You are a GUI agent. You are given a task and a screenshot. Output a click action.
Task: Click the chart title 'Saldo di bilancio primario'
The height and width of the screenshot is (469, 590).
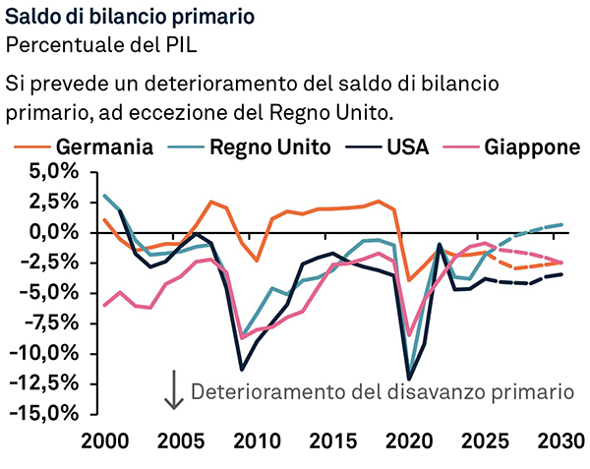[x=130, y=17]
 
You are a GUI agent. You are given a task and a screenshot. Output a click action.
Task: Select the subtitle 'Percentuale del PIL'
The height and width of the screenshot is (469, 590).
[x=101, y=45]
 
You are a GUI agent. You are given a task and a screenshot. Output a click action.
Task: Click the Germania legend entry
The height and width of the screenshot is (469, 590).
[x=84, y=147]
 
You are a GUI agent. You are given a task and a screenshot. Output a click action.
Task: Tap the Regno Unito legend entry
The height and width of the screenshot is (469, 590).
[x=249, y=147]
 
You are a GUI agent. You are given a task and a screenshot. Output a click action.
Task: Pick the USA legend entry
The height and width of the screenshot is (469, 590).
[x=386, y=147]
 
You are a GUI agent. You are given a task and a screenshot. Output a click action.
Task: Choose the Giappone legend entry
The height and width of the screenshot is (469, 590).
[x=511, y=147]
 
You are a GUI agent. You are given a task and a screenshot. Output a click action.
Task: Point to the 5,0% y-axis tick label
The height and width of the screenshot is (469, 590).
[x=55, y=172]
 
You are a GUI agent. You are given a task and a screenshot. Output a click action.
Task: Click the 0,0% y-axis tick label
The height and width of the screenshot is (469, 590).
[x=55, y=233]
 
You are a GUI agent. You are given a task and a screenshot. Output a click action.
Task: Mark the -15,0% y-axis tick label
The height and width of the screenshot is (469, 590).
[x=44, y=414]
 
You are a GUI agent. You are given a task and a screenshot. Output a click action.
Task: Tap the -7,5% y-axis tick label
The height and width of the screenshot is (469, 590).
[x=50, y=323]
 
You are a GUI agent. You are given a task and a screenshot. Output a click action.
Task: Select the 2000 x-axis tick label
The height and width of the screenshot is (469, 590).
[x=104, y=441]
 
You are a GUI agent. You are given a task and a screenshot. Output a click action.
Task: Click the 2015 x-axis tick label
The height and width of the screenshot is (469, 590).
[x=332, y=441]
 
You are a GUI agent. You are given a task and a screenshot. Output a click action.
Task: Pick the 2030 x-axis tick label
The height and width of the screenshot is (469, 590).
[x=560, y=441]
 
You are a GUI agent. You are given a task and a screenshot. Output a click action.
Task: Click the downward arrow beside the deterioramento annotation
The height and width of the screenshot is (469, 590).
[x=174, y=389]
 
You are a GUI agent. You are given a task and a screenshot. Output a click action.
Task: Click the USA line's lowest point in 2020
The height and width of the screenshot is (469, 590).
[x=409, y=379]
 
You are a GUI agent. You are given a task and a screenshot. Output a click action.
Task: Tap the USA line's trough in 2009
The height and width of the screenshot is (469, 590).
[x=242, y=370]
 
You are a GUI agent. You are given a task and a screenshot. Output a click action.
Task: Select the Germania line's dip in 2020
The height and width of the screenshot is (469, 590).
[x=409, y=280]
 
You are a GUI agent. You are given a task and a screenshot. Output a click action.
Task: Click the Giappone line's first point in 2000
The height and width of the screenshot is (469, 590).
[x=104, y=306]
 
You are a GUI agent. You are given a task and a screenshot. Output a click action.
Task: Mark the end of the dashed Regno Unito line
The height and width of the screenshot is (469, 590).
[x=561, y=224]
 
